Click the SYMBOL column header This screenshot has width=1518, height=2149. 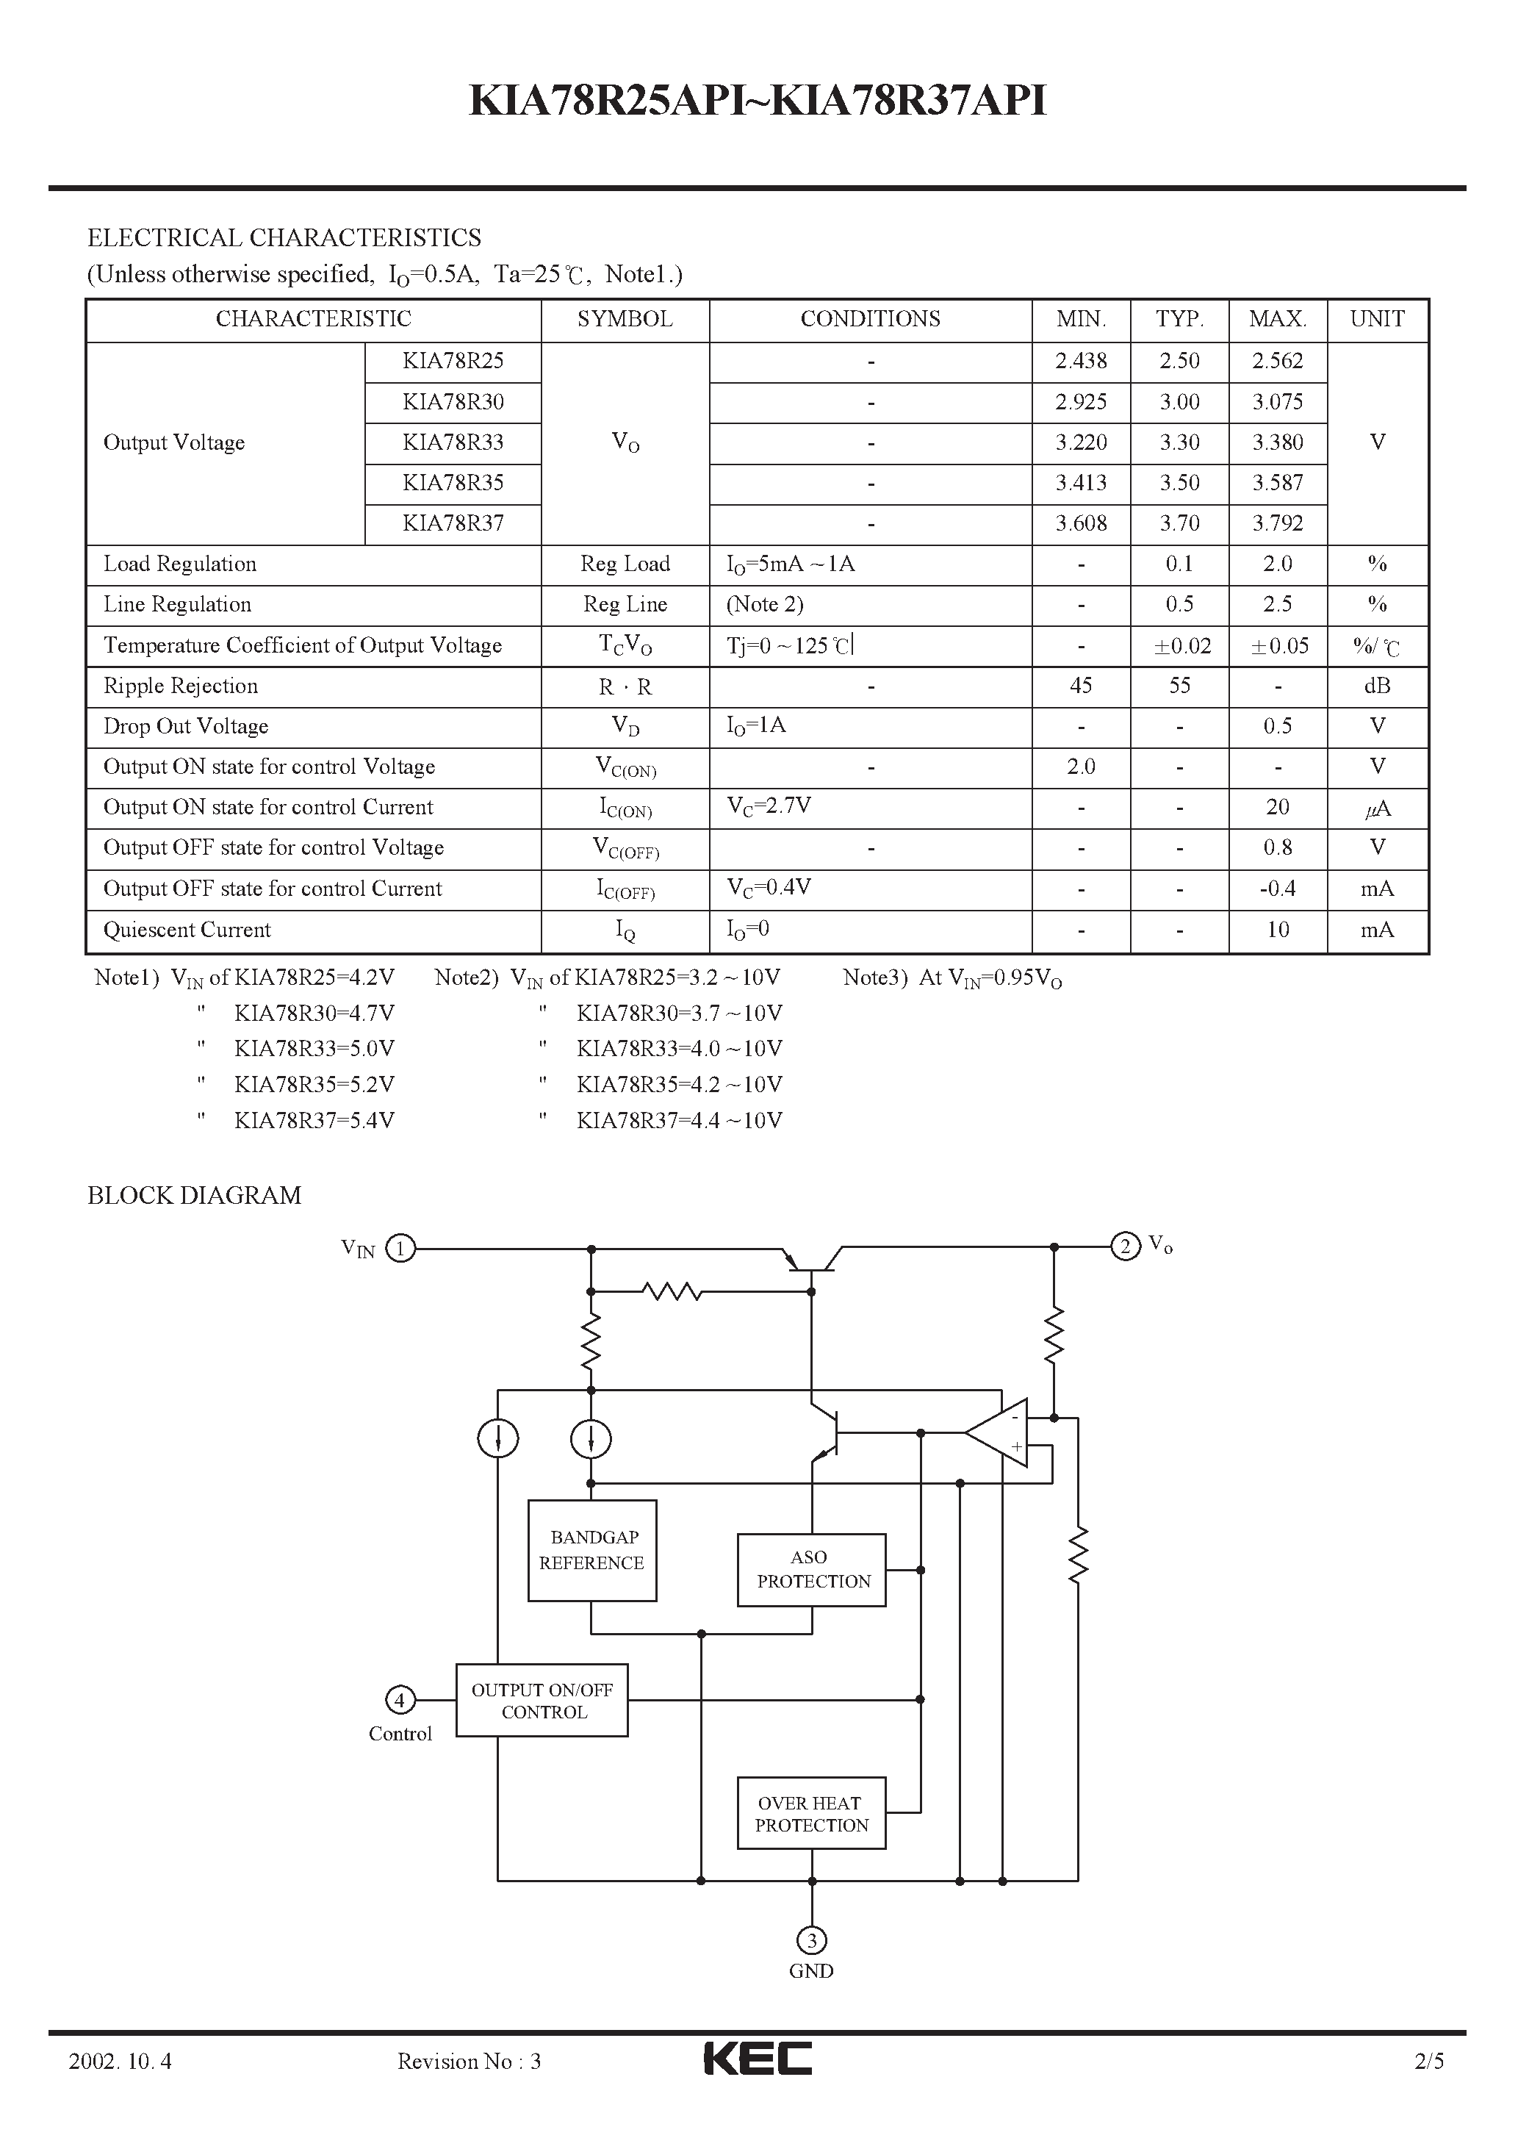pos(625,319)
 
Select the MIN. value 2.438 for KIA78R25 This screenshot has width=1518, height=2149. pos(1081,362)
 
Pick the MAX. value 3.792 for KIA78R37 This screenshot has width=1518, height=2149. pos(1278,523)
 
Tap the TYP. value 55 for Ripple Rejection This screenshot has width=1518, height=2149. pos(1179,686)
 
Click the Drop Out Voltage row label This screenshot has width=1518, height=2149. pos(185,726)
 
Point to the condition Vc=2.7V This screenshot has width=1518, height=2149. pos(769,806)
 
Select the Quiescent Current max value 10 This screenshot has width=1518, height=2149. pos(1278,930)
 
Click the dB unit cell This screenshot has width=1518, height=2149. pos(1377,686)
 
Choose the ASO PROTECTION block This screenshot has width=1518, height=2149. pos(811,1570)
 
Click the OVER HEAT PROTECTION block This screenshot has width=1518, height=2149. pos(811,1813)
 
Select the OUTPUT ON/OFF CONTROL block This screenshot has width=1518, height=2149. pos(542,1701)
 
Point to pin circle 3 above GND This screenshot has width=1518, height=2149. pos(811,1940)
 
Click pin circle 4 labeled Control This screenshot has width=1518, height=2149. pos(400,1700)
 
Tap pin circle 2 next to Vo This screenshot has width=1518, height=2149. pos(1125,1246)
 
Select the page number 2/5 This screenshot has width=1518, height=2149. pos(1429,2060)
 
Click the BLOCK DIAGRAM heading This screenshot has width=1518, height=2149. pos(194,1195)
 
